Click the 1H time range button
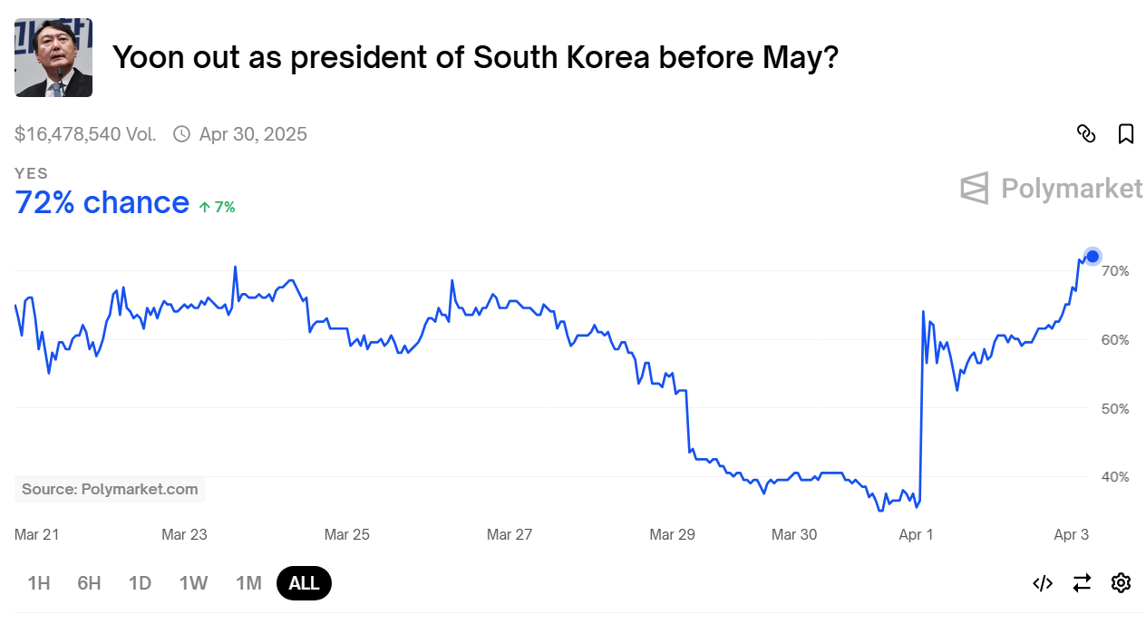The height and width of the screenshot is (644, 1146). tap(39, 583)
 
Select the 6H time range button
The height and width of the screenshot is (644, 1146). tap(89, 583)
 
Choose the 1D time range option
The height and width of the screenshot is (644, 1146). tap(140, 583)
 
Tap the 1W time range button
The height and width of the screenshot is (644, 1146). tap(193, 583)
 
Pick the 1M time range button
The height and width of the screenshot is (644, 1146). tap(248, 583)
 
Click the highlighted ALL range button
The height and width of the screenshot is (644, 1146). tap(304, 583)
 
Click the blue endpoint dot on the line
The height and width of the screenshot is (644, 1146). tap(1093, 257)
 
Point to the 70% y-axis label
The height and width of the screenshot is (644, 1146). tap(1114, 271)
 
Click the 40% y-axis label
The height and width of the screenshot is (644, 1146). tap(1114, 477)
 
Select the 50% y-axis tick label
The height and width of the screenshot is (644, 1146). tap(1114, 409)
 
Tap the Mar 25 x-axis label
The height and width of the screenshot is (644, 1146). tap(347, 535)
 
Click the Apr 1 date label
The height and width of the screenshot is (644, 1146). tap(916, 535)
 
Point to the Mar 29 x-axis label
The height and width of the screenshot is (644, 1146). tap(672, 535)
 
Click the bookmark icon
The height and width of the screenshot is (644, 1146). tap(1126, 134)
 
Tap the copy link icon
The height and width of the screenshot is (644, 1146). tap(1086, 134)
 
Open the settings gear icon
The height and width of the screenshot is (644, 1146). tap(1121, 583)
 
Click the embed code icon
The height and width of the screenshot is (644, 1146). tap(1043, 583)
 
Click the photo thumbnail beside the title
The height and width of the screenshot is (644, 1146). tap(53, 58)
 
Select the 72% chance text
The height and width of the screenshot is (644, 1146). tap(102, 203)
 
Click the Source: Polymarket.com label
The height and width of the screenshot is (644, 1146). tap(110, 489)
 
